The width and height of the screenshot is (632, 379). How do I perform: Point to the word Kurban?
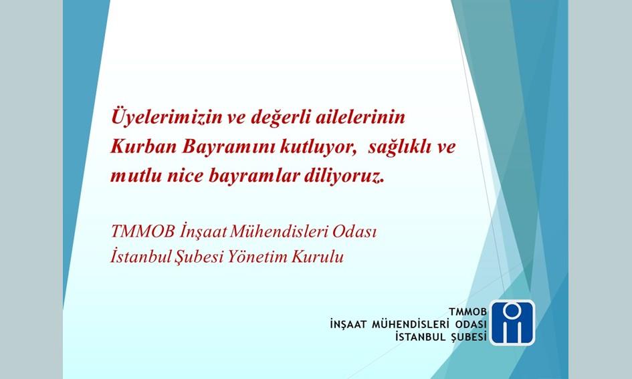point(144,146)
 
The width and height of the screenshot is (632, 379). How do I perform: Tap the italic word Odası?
point(354,231)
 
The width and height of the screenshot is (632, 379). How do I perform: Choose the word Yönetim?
point(257,257)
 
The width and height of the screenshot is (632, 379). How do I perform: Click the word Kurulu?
point(318,257)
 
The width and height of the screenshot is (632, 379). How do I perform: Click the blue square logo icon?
point(512,323)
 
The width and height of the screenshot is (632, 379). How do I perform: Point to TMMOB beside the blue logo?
point(467,311)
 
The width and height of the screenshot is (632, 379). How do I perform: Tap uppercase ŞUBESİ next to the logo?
point(468,336)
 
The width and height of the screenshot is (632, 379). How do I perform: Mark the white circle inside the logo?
point(513,310)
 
